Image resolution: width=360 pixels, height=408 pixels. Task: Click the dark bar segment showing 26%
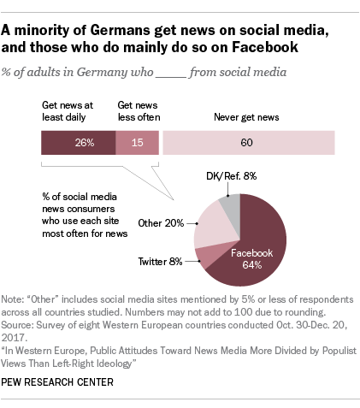tap(77, 142)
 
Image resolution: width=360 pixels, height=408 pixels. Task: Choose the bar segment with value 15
tap(136, 142)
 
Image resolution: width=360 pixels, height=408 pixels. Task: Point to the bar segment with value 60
tap(256, 142)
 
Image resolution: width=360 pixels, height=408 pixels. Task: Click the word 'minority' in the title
tap(54, 30)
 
